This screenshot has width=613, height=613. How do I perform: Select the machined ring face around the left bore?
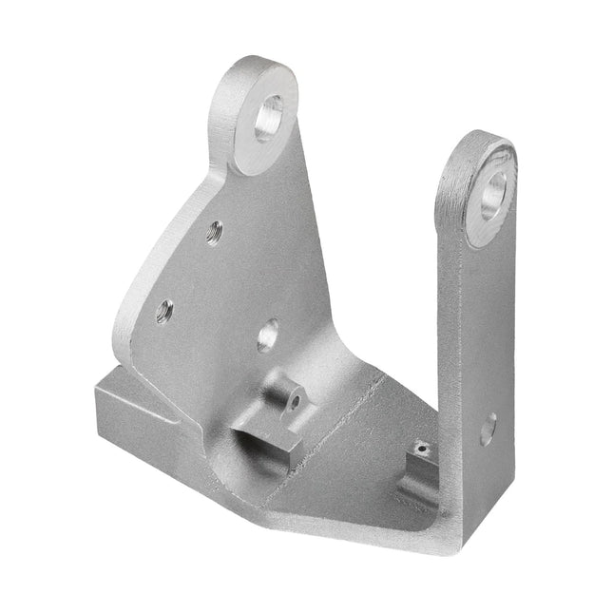(x=249, y=143)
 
